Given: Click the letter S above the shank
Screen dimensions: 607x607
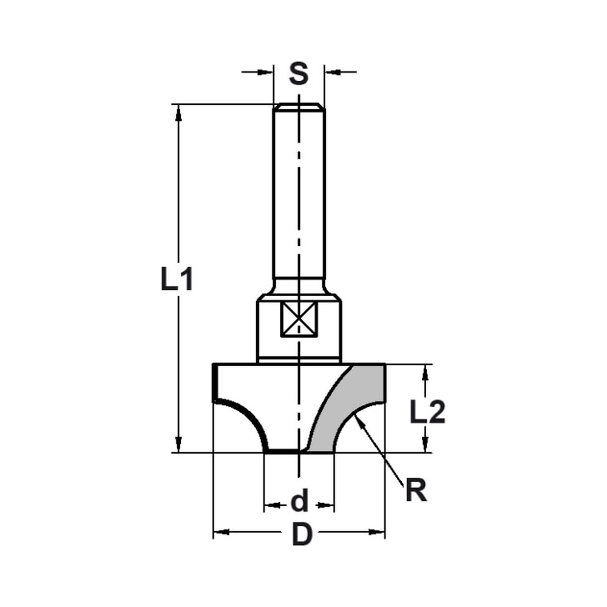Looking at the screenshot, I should (298, 74).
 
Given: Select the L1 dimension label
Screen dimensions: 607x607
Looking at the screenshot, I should (177, 280).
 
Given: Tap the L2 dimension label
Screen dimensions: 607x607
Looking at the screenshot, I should (427, 413).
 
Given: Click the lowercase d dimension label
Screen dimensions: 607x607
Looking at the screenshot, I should (299, 502).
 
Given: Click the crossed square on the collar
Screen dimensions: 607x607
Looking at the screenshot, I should (299, 320).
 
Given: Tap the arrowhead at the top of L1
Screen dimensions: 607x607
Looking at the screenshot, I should (178, 112).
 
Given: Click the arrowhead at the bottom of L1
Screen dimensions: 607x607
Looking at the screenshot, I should (178, 444).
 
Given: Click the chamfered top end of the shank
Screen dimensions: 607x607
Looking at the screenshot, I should (299, 107).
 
